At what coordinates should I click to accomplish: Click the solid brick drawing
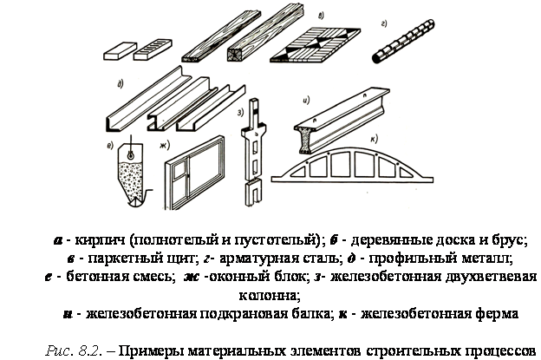(120, 51)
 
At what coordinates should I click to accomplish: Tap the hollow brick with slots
(153, 49)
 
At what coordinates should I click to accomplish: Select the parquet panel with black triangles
(316, 45)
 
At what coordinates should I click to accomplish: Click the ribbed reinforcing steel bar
(403, 42)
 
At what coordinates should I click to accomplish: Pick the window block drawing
(194, 173)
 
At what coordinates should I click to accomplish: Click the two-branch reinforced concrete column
(253, 152)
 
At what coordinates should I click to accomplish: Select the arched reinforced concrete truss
(352, 166)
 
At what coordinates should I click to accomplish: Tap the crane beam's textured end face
(303, 141)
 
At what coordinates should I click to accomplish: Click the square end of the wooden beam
(237, 55)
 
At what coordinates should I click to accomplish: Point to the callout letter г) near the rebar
(384, 23)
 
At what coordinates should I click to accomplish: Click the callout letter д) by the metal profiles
(121, 84)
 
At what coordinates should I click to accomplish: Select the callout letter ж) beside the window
(165, 146)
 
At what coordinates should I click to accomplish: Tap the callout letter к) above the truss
(374, 139)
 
